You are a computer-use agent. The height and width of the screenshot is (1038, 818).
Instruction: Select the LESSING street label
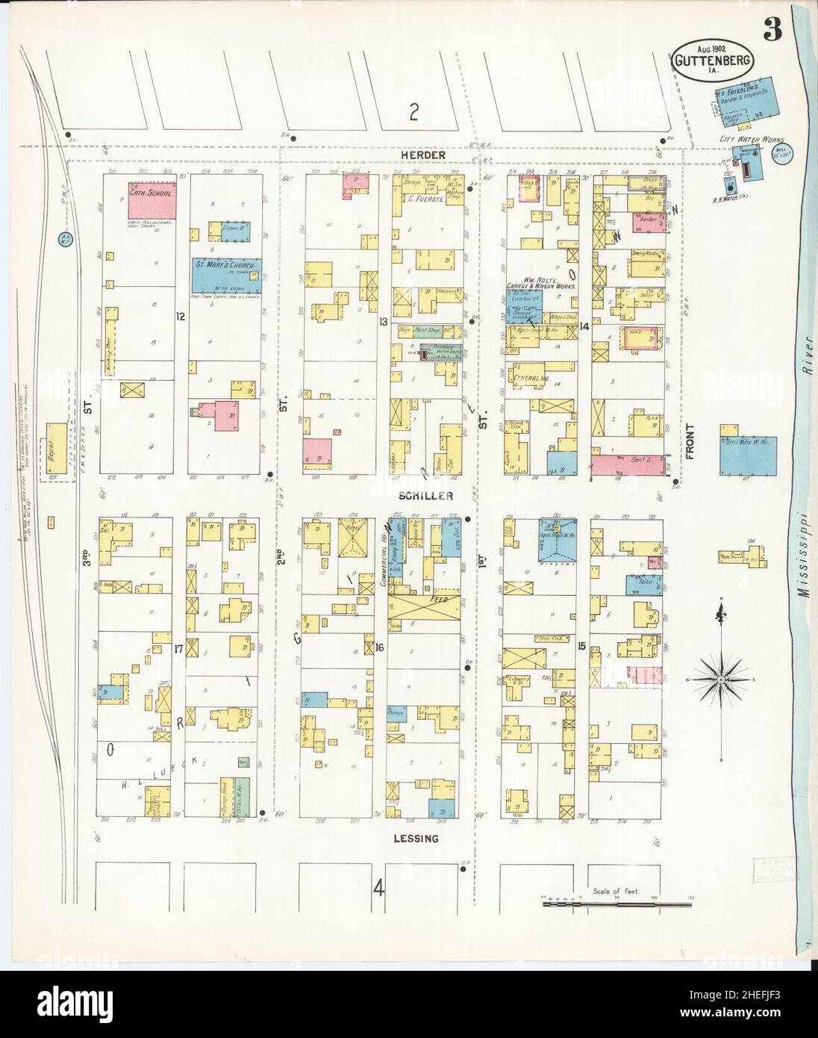pyautogui.click(x=416, y=839)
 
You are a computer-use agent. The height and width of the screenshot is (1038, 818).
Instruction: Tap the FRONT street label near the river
pyautogui.click(x=690, y=441)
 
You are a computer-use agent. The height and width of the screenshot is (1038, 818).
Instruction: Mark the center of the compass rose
pyautogui.click(x=721, y=680)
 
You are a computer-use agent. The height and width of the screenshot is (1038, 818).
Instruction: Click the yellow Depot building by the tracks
pyautogui.click(x=55, y=447)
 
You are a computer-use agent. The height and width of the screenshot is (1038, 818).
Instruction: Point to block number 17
pyautogui.click(x=178, y=649)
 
